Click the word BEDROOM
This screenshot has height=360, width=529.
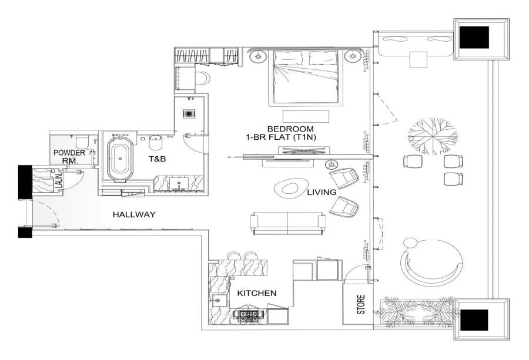[x=290, y=129]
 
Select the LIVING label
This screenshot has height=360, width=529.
[x=321, y=192]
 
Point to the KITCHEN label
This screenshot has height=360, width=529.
[x=256, y=292]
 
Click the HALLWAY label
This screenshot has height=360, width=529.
[x=134, y=215]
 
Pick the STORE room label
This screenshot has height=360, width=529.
[x=361, y=305]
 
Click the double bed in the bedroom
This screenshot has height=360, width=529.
[x=304, y=76]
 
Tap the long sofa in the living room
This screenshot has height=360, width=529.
[x=288, y=221]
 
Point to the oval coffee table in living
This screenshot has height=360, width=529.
[x=290, y=188]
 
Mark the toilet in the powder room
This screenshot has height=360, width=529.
[x=82, y=141]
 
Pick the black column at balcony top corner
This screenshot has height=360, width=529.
[x=474, y=38]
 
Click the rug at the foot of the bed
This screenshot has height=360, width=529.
[x=306, y=116]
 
